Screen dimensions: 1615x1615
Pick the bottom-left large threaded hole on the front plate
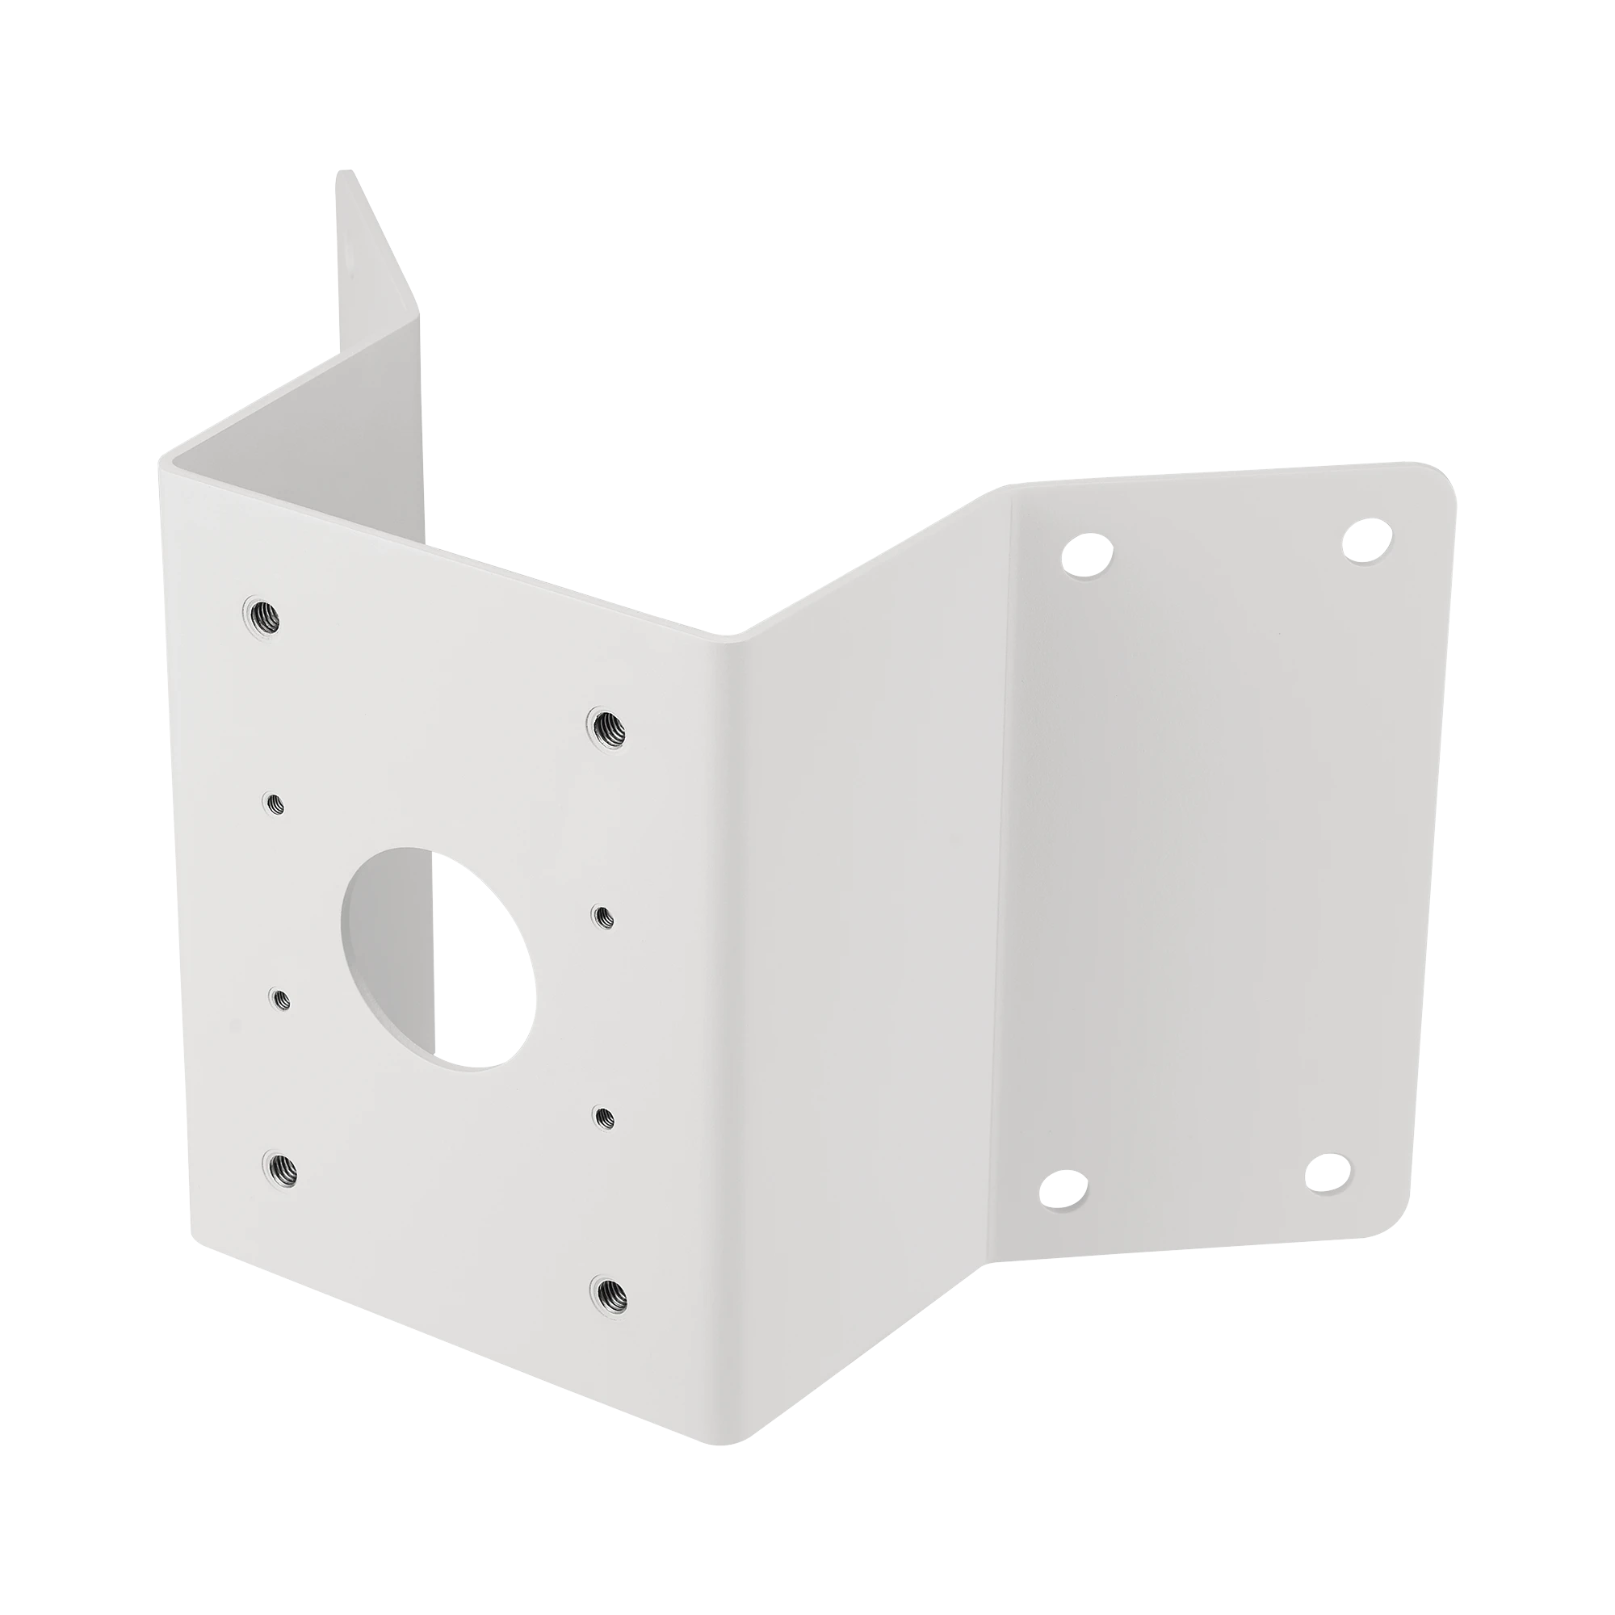pyautogui.click(x=281, y=1168)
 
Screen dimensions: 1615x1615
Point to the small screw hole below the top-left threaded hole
pyautogui.click(x=275, y=804)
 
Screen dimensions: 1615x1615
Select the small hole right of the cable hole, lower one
pyautogui.click(x=603, y=1118)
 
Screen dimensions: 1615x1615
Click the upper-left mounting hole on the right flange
pyautogui.click(x=1087, y=554)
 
